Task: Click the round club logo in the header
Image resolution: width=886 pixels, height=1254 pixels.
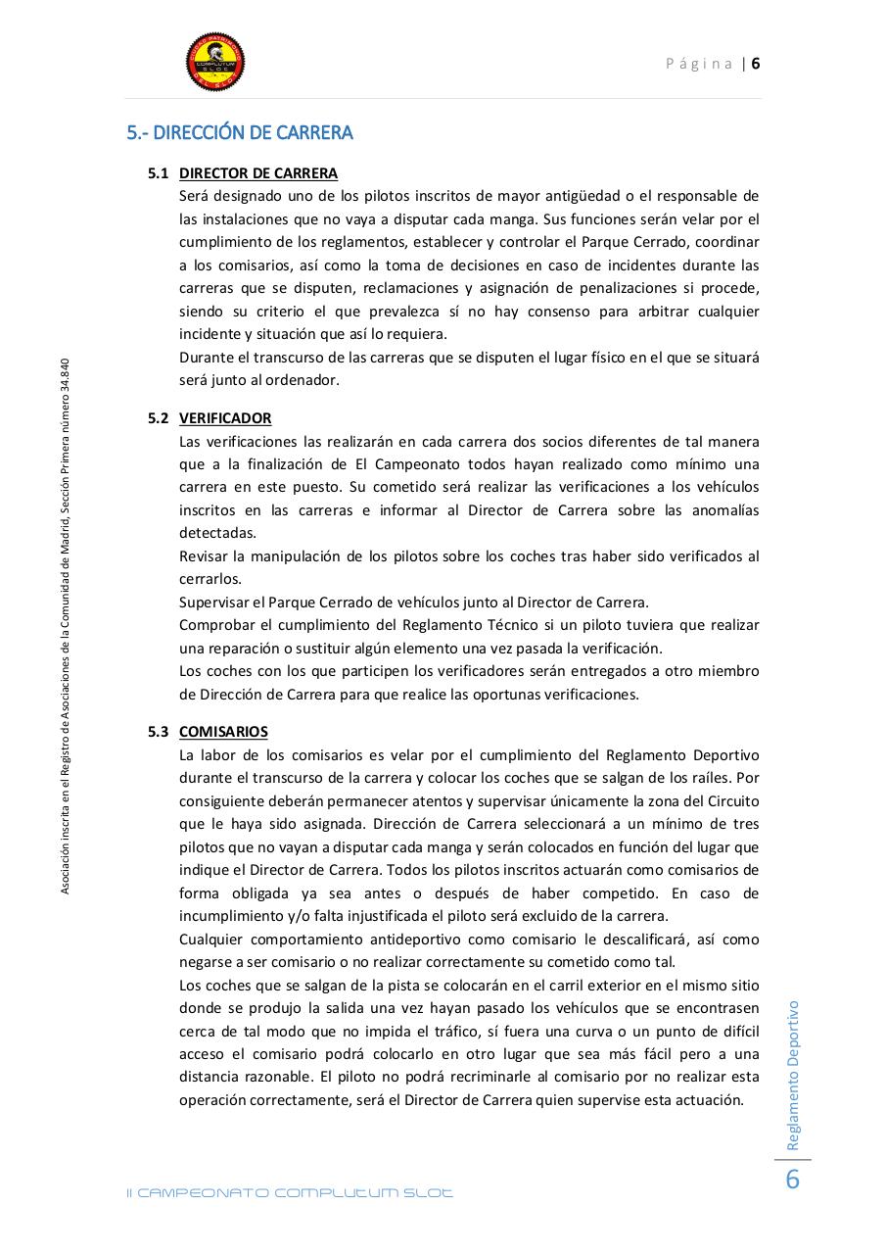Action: [x=215, y=63]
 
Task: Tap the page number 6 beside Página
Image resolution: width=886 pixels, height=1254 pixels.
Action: [x=756, y=64]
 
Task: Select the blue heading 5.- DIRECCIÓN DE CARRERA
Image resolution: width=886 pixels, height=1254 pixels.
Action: [x=240, y=132]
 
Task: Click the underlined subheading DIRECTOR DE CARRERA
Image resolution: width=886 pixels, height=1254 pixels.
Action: [x=258, y=173]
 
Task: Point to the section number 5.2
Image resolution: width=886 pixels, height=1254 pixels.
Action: [x=159, y=418]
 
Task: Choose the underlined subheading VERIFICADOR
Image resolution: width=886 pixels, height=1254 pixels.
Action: [x=225, y=418]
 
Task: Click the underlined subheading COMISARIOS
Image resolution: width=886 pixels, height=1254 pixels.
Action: [x=223, y=732]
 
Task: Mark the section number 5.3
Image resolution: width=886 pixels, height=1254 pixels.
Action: [x=159, y=732]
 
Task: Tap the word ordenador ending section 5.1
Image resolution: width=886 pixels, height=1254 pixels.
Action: [x=306, y=380]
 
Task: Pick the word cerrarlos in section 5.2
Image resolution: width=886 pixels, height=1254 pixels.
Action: [x=210, y=579]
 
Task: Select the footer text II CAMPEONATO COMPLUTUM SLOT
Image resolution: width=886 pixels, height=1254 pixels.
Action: [x=291, y=1192]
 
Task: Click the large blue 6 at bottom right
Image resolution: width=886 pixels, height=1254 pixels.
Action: [x=793, y=1180]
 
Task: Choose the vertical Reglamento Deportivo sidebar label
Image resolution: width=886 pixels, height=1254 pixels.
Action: [x=793, y=1075]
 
